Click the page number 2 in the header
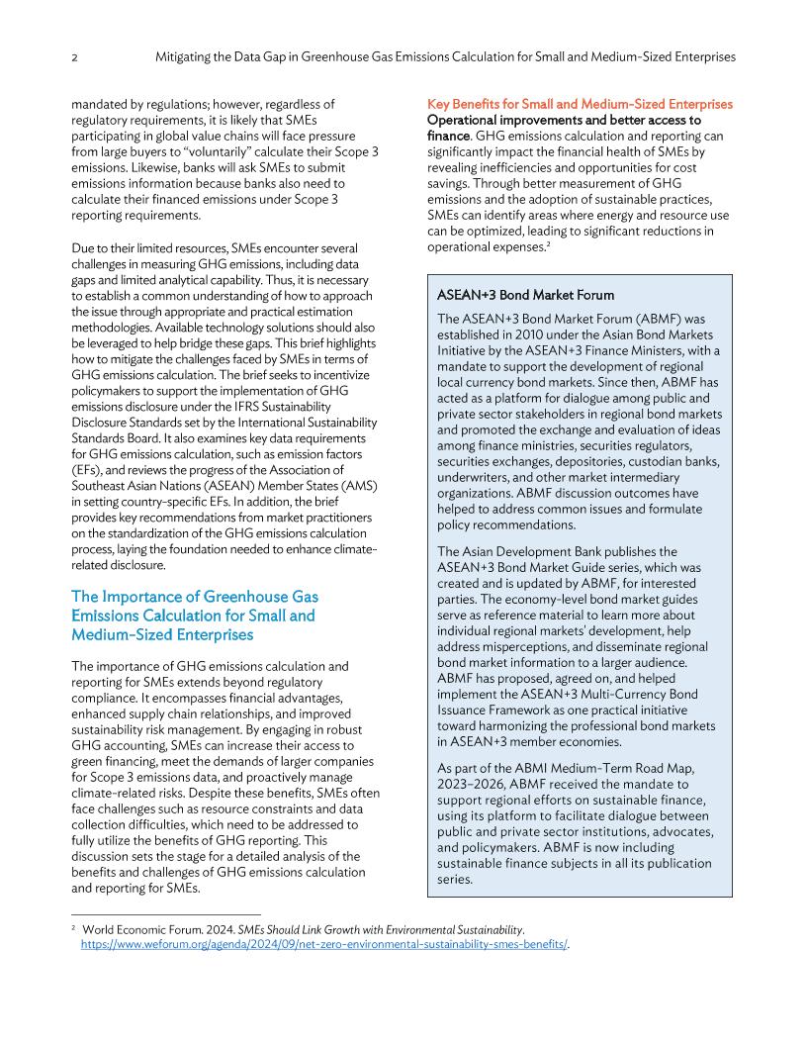75,57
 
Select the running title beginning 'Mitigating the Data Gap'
445,57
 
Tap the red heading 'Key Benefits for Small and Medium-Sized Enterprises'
580,104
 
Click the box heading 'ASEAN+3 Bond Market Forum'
525,295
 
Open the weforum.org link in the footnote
326,945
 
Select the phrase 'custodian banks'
670,461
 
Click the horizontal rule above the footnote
165,914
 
